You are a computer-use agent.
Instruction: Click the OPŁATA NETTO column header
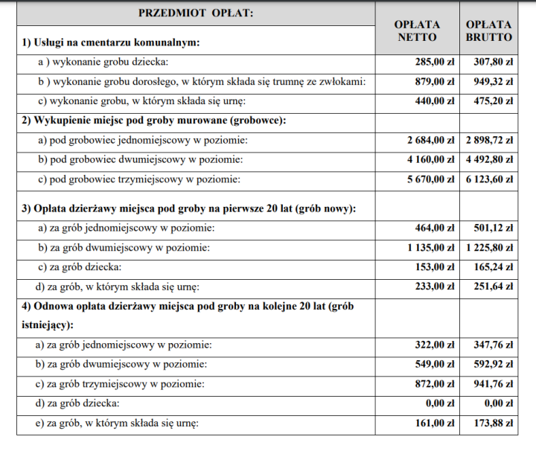coord(417,31)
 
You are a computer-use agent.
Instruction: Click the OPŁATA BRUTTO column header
coord(489,31)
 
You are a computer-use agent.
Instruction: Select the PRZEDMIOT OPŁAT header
coord(196,13)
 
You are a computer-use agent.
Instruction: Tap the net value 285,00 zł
coord(434,63)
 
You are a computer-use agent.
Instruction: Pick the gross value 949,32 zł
coord(494,82)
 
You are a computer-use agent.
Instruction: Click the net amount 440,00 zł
coord(434,100)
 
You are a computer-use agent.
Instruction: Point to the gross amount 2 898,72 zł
coord(489,141)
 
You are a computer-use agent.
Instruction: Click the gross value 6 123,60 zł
coord(489,179)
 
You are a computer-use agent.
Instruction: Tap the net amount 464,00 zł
coord(434,228)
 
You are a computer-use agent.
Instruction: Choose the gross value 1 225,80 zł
coord(489,247)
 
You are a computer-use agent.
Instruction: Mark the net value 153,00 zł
coord(434,266)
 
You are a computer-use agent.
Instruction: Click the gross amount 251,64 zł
coord(494,286)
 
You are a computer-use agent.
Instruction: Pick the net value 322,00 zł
coord(434,345)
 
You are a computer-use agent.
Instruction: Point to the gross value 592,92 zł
coord(494,365)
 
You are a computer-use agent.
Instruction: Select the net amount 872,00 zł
coord(434,384)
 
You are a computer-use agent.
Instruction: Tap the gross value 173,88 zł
coord(494,423)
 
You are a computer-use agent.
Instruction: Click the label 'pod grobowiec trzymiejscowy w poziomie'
coord(141,179)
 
